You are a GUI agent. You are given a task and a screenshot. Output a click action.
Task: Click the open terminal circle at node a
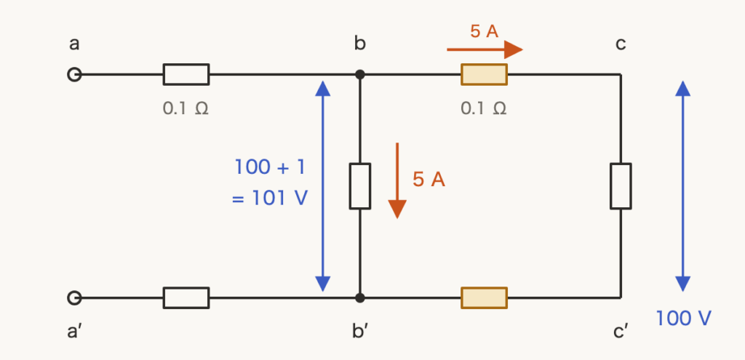coord(74,75)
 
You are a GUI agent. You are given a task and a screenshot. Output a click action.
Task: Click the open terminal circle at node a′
coord(74,297)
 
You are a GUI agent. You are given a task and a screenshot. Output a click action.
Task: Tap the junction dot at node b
coord(360,75)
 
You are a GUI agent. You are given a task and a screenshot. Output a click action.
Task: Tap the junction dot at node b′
coord(360,297)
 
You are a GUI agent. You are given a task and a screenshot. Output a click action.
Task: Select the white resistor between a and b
coord(186,75)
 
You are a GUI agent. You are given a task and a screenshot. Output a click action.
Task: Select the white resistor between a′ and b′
coord(186,297)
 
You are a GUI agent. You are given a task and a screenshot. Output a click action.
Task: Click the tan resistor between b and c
coord(484,75)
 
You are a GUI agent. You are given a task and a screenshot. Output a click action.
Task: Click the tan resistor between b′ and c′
coord(484,297)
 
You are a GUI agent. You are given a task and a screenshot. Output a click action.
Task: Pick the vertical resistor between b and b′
coord(360,186)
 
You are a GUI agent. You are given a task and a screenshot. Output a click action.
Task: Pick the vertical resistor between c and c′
coord(621,186)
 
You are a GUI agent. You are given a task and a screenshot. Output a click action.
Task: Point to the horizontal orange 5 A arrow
coord(485,49)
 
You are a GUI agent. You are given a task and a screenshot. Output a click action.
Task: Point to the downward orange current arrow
coord(397,180)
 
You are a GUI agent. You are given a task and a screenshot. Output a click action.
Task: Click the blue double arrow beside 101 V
coord(322,186)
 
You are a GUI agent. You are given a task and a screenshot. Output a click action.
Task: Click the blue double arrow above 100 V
coord(682,186)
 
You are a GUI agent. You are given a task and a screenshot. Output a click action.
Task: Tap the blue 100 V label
coord(683,319)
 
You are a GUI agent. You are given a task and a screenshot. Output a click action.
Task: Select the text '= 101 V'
coord(270,198)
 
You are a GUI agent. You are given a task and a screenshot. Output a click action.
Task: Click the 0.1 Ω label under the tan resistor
coord(484,108)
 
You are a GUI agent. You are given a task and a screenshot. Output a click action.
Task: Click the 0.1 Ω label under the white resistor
coord(186,108)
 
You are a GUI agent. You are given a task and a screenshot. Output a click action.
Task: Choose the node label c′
coord(621,332)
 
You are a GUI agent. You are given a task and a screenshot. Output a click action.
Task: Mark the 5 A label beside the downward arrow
coord(429,180)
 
